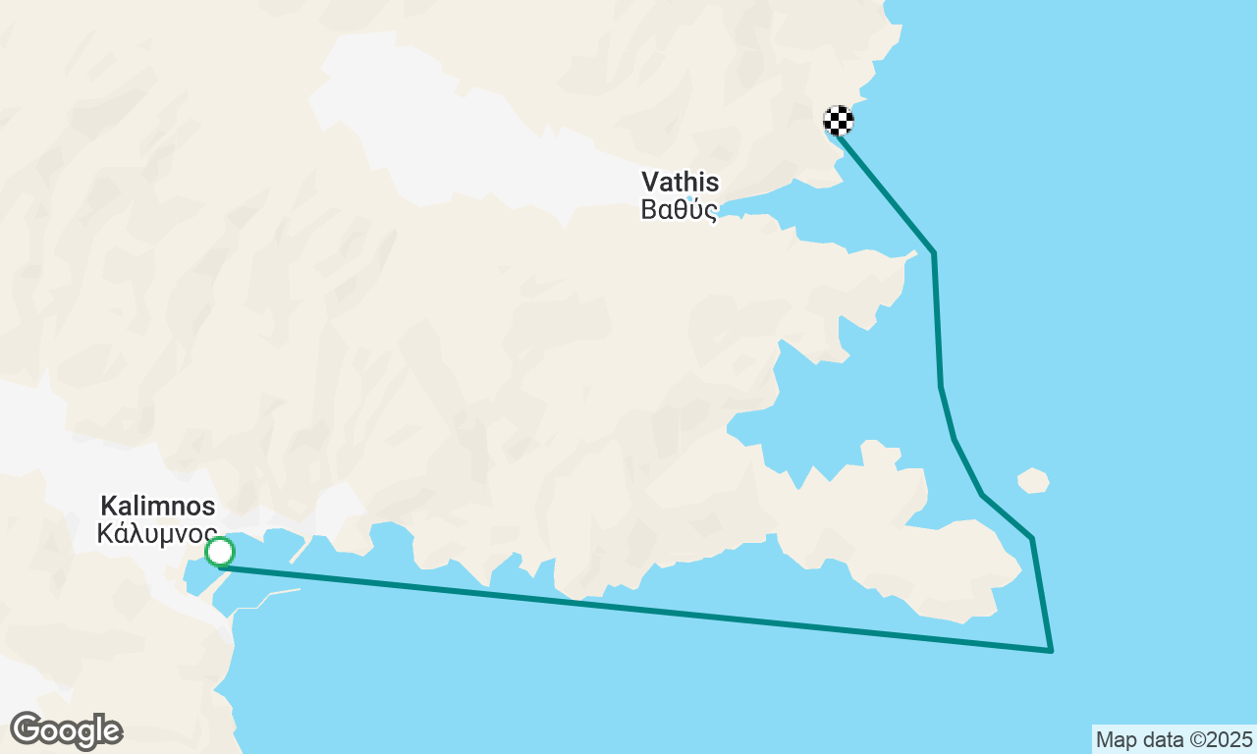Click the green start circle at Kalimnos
[x=220, y=552]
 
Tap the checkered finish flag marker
[x=838, y=121]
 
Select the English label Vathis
[x=680, y=182]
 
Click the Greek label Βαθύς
[x=679, y=210]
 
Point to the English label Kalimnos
[x=157, y=507]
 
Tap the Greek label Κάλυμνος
[x=157, y=534]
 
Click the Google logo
[x=66, y=731]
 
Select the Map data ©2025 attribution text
[x=1174, y=739]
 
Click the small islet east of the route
[x=1033, y=480]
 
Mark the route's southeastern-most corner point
[x=1051, y=650]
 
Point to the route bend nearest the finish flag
[x=933, y=253]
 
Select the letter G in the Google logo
[x=27, y=730]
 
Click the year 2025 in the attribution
[x=1231, y=739]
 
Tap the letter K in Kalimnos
[x=108, y=507]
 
